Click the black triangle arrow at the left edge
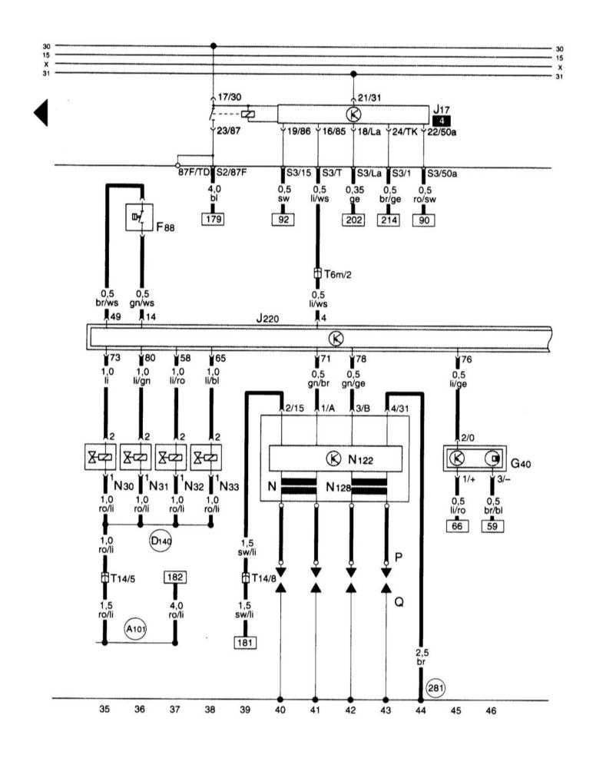coord(41,113)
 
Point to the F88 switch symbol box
coord(139,217)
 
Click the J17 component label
coord(441,110)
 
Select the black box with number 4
coord(442,121)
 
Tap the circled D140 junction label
coord(160,541)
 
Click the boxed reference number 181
coord(246,642)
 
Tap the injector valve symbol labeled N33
coord(207,458)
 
